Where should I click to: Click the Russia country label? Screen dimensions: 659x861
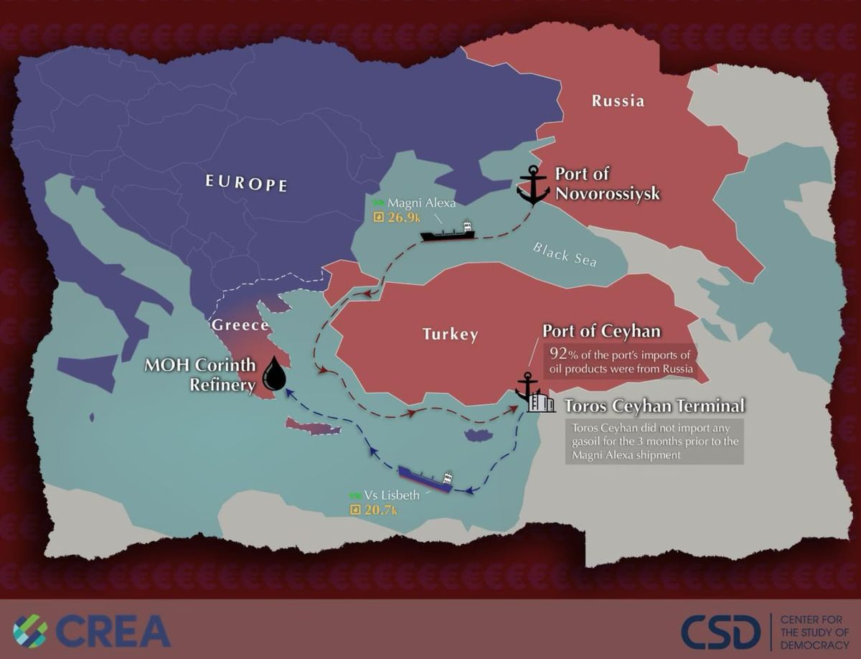(x=618, y=101)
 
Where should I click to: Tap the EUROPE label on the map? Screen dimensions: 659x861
(x=246, y=183)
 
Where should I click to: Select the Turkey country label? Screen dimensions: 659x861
(x=450, y=335)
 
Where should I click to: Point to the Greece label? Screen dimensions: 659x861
(x=240, y=325)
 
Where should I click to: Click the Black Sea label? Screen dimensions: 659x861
(x=565, y=255)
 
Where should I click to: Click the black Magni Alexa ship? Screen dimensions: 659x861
(x=448, y=233)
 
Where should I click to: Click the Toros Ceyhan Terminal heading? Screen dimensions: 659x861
(x=654, y=406)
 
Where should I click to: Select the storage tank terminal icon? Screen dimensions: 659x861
(x=542, y=403)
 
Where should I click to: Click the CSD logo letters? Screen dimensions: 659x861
(x=720, y=632)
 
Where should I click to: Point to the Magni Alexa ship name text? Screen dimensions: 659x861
(x=420, y=203)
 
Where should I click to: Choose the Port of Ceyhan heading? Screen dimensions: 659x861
(x=601, y=331)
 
